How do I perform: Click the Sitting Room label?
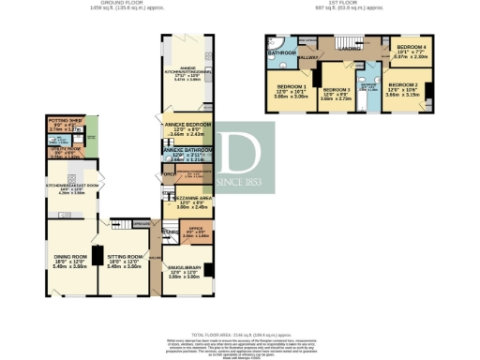[x=126, y=258]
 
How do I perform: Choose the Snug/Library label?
[x=183, y=273]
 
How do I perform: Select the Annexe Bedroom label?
[x=184, y=131]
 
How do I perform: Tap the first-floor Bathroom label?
[x=280, y=53]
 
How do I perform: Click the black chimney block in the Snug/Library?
[x=215, y=272]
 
